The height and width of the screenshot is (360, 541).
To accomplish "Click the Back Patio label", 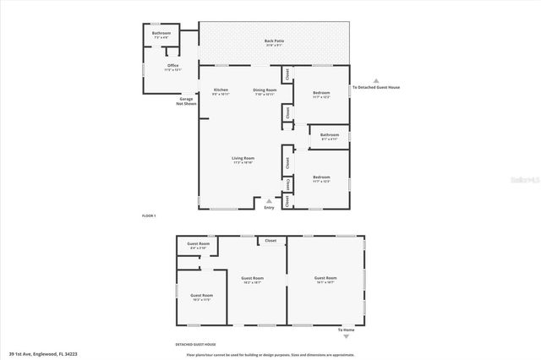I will point(274,40).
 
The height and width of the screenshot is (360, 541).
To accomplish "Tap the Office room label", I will point(172,65).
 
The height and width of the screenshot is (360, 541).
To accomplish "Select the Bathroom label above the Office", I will point(161,33).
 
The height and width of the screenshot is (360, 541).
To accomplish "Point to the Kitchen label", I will point(221,90).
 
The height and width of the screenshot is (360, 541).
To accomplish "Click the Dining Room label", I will point(265,90).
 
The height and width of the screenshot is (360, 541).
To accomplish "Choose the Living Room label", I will point(243,158).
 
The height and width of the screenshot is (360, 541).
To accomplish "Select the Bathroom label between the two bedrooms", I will point(329,135).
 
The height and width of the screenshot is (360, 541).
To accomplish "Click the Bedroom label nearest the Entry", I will point(321,177).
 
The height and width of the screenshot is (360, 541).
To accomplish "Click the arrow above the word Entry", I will point(269,200).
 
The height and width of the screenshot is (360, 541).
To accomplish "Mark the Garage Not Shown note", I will point(187,101).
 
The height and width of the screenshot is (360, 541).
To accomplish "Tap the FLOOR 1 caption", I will point(149,217).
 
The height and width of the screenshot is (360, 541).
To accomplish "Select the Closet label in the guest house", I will point(270,241).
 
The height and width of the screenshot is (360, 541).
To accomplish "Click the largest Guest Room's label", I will point(325,278).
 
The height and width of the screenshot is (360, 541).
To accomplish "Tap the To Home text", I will point(346,329).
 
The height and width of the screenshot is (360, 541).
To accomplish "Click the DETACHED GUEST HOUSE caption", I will point(195,345).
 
